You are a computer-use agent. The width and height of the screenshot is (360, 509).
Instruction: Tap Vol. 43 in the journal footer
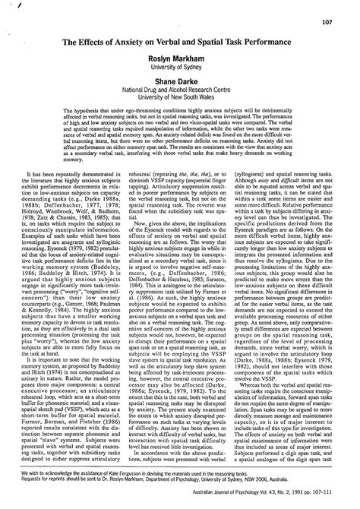coord(276,501)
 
